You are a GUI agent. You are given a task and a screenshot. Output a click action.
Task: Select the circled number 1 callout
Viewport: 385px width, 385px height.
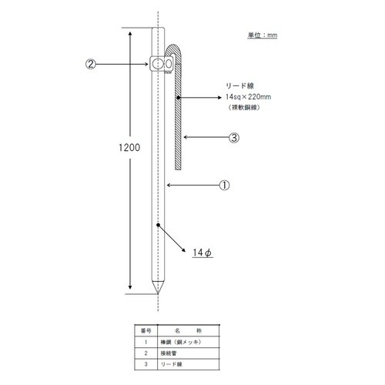point(224,185)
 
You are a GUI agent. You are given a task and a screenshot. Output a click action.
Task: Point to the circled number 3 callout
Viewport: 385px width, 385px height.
point(235,139)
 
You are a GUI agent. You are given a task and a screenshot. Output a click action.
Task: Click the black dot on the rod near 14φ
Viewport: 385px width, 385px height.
point(157,226)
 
